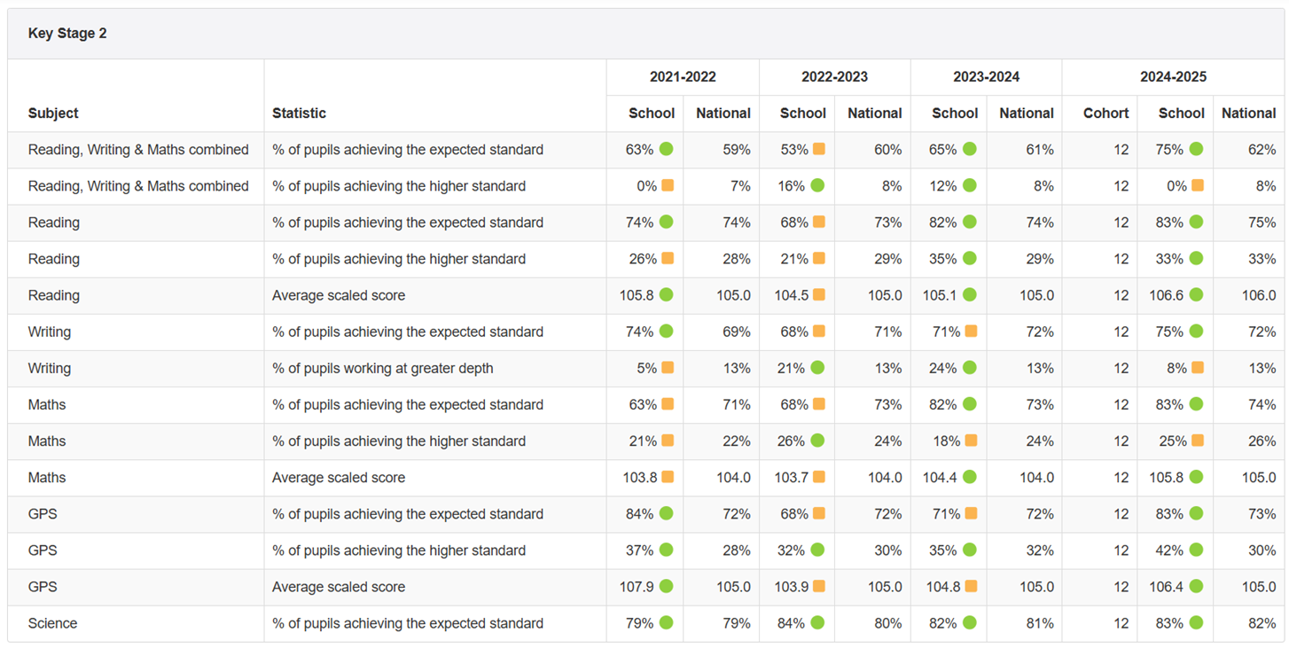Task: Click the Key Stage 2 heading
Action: point(67,34)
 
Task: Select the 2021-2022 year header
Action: point(683,77)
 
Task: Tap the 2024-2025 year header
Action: point(1173,77)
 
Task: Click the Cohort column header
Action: point(1105,113)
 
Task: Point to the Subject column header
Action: point(53,113)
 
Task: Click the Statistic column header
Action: point(299,113)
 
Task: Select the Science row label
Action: point(52,623)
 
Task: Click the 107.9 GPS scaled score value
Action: point(638,587)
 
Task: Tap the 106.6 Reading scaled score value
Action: point(1166,295)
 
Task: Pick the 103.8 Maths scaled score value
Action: point(639,478)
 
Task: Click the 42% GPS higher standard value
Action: point(1169,550)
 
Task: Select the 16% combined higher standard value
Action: point(791,186)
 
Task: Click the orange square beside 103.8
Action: point(668,477)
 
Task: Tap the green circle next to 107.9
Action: point(667,586)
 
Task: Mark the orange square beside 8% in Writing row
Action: point(1198,368)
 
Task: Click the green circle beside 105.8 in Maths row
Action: point(1197,477)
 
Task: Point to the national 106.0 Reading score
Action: point(1259,295)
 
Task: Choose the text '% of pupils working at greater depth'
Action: point(383,368)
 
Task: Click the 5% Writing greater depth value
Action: point(644,368)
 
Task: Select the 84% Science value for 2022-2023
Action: point(791,623)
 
